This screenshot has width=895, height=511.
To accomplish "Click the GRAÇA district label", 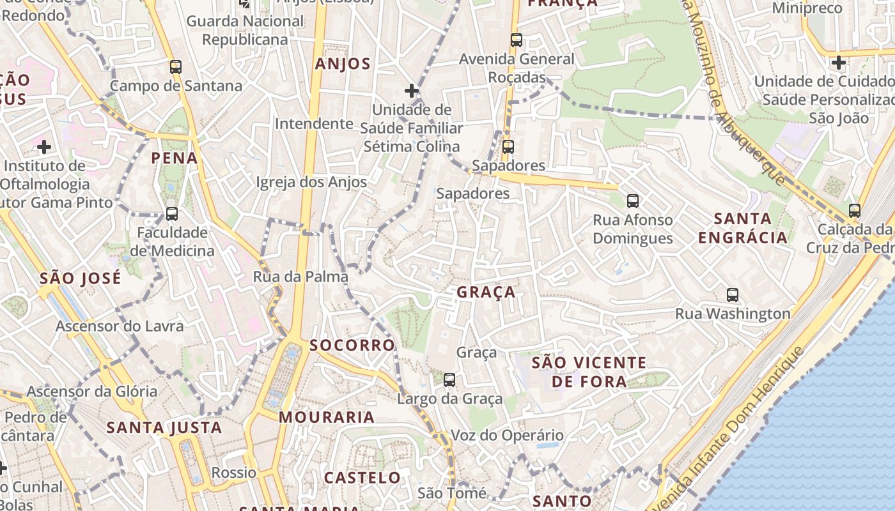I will (x=486, y=293).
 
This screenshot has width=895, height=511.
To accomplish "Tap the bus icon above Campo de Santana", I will (x=176, y=66).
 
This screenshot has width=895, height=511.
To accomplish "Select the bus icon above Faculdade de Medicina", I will (x=171, y=214).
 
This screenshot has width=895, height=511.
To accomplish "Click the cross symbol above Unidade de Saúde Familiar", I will (x=412, y=91).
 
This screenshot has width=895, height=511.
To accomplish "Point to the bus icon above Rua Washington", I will (x=733, y=295).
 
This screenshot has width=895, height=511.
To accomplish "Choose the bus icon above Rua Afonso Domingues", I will (x=632, y=201).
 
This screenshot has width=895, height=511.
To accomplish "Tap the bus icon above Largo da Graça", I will (x=449, y=380).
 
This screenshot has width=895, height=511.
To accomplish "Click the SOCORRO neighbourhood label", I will (x=352, y=346).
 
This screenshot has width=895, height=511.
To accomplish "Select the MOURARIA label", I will (x=327, y=417).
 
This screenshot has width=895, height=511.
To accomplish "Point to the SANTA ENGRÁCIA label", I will (x=743, y=228).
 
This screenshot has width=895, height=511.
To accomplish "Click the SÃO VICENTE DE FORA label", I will (x=589, y=372).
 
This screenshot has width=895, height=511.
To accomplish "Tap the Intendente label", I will (x=314, y=123).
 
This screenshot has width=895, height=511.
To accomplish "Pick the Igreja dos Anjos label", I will (x=311, y=182).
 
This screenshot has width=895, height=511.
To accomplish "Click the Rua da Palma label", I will (x=300, y=277).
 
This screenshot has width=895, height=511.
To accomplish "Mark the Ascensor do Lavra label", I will (x=120, y=326).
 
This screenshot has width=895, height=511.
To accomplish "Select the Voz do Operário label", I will (x=508, y=436).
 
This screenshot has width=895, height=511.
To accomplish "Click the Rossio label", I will (x=234, y=473).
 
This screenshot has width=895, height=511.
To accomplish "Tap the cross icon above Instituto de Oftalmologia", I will (x=44, y=147).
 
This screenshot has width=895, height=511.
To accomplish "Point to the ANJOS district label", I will (x=343, y=64).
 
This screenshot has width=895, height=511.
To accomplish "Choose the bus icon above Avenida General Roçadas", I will (x=517, y=40).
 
